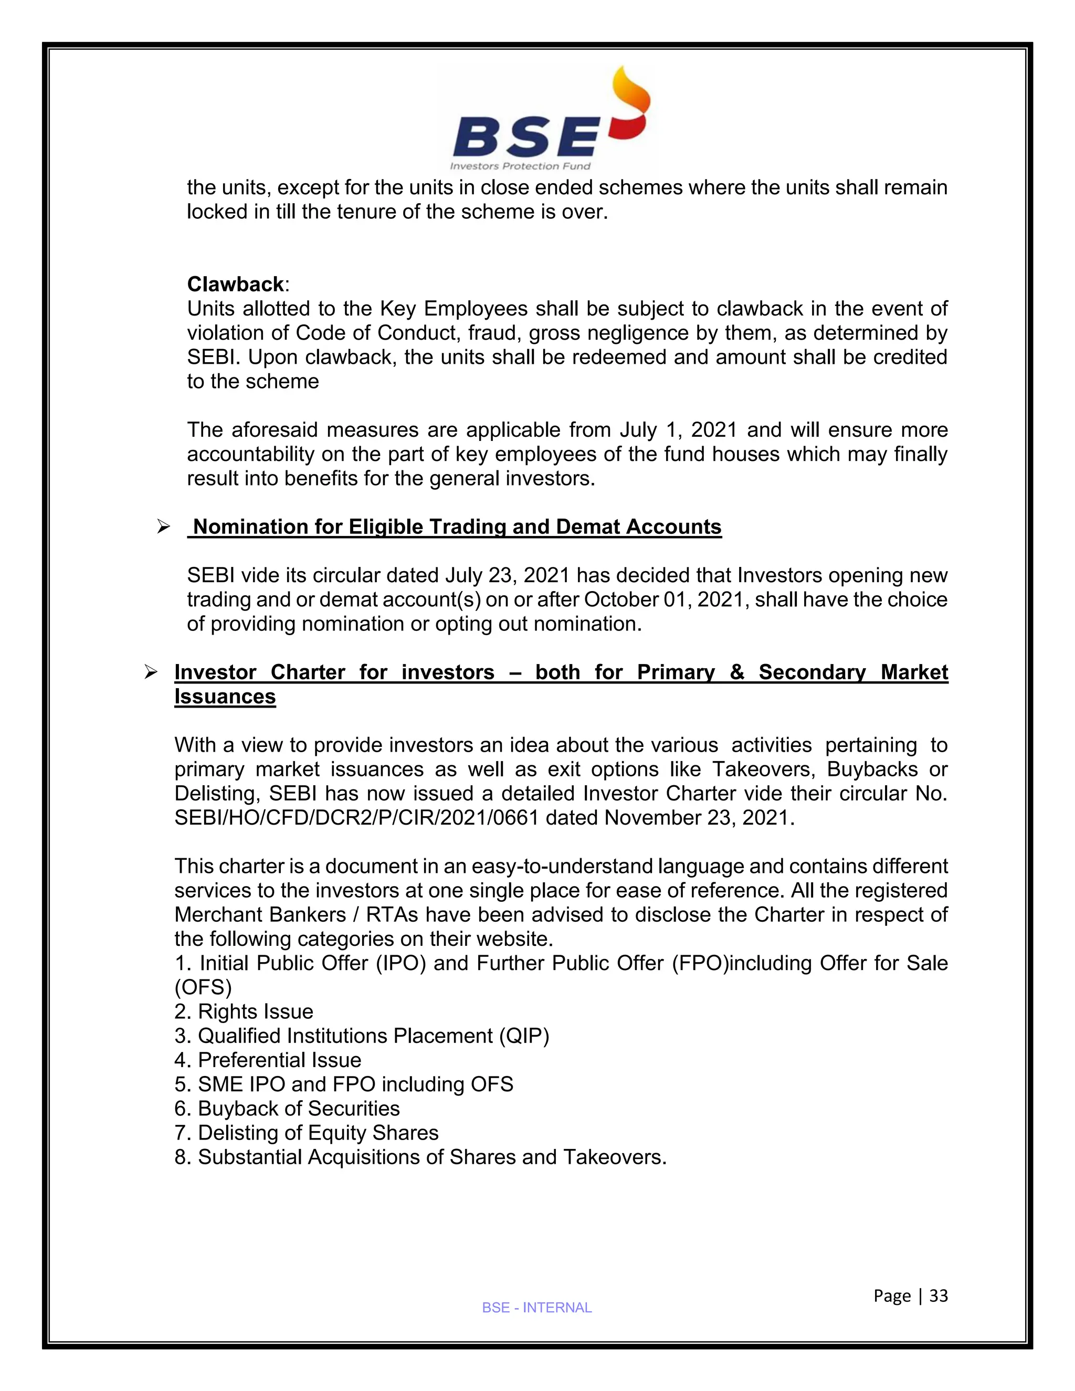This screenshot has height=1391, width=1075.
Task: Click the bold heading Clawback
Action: pyautogui.click(x=235, y=284)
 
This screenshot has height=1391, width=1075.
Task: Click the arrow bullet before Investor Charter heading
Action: pyautogui.click(x=151, y=672)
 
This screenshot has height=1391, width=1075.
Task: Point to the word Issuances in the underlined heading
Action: pyautogui.click(x=225, y=697)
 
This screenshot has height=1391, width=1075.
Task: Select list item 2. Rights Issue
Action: pyautogui.click(x=244, y=1011)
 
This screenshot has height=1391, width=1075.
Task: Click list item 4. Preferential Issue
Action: pyautogui.click(x=268, y=1060)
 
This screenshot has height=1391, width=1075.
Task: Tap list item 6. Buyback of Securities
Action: pyautogui.click(x=287, y=1108)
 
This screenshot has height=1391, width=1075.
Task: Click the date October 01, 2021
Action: pyautogui.click(x=666, y=600)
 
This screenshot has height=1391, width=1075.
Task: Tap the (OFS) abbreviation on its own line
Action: pyautogui.click(x=203, y=987)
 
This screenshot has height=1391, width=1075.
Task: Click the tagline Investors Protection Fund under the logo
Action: pyautogui.click(x=520, y=166)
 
